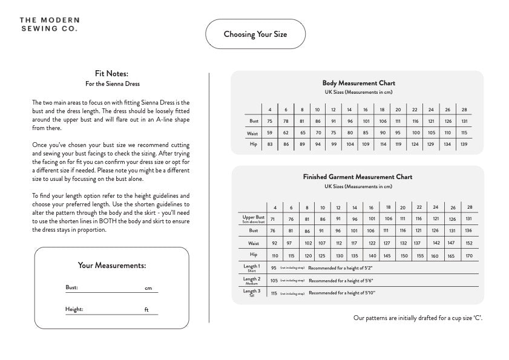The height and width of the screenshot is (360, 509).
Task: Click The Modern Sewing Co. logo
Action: tap(48, 24)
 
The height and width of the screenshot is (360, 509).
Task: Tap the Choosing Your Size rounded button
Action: tap(255, 34)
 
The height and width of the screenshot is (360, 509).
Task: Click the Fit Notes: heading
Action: tap(112, 74)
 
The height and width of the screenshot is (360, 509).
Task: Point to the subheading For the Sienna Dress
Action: tap(112, 83)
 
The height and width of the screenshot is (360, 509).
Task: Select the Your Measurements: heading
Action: tap(112, 265)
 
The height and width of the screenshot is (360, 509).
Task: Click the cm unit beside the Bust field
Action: tap(148, 288)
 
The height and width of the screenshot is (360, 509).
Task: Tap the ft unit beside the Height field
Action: tap(146, 310)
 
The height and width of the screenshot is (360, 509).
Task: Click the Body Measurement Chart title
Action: tap(358, 83)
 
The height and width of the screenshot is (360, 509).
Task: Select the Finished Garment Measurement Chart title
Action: tap(358, 177)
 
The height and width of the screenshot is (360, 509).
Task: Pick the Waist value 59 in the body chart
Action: tap(269, 133)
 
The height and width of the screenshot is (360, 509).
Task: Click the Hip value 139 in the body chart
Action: tap(464, 144)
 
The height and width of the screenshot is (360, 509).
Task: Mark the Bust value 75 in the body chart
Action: tap(269, 121)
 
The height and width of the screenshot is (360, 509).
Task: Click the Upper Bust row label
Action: tap(254, 218)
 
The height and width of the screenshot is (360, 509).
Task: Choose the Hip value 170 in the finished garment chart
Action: tap(469, 255)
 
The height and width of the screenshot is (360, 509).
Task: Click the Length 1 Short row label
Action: tap(251, 267)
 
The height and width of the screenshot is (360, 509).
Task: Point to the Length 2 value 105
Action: tap(274, 280)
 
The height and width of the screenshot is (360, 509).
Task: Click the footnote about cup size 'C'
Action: tap(418, 318)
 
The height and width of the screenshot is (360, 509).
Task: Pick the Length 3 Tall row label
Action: tap(251, 293)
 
